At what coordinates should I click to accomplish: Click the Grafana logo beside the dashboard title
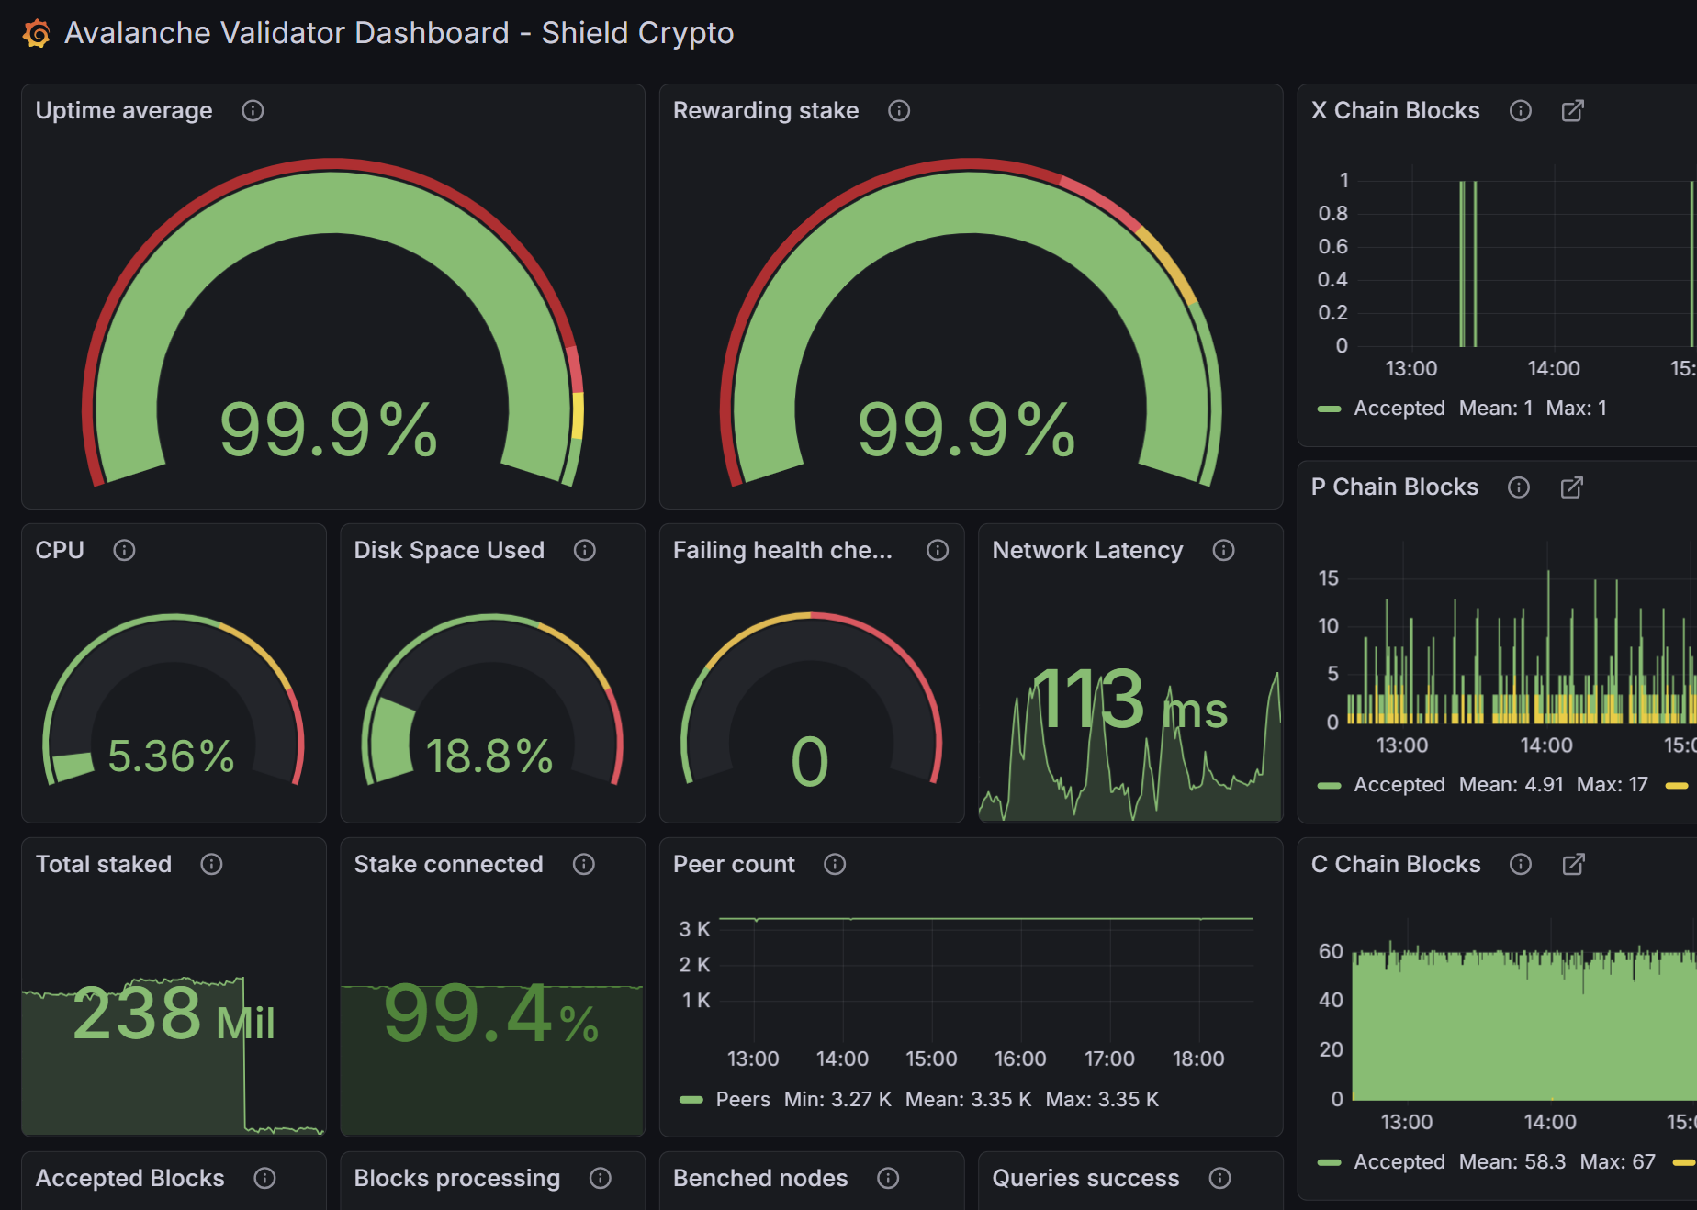tap(37, 34)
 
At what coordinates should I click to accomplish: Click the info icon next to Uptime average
tap(253, 111)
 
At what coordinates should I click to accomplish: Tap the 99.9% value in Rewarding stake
tap(965, 430)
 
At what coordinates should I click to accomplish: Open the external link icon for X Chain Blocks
tap(1572, 111)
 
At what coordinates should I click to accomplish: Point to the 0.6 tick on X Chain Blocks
tap(1332, 247)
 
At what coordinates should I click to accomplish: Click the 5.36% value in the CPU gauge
tap(171, 756)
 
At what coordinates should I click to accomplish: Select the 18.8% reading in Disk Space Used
tap(489, 756)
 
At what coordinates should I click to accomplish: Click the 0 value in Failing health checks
tap(809, 762)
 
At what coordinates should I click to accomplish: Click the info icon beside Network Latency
tap(1223, 550)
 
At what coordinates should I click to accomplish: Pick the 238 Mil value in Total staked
tap(173, 1014)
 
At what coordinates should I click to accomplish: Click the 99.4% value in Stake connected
tap(490, 1014)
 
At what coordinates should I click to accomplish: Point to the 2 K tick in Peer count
tap(694, 965)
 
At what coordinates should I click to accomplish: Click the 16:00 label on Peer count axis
tap(1020, 1059)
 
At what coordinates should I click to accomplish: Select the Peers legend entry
tap(742, 1100)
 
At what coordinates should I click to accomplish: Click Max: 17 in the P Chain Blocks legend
tap(1612, 785)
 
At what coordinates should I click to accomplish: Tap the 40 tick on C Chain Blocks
tap(1331, 1001)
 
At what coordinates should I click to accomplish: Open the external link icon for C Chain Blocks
tap(1573, 865)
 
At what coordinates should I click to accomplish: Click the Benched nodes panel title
tap(760, 1179)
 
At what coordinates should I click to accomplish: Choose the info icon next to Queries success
tap(1219, 1179)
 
